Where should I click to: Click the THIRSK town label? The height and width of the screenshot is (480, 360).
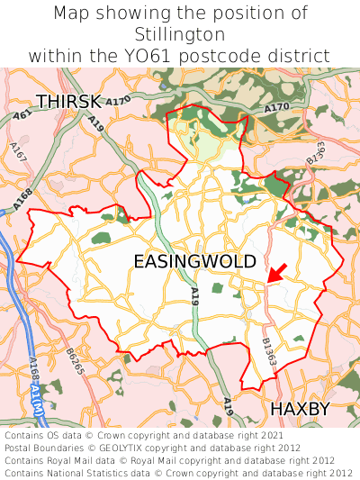(x=67, y=101)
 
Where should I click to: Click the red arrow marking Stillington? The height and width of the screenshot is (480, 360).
(x=277, y=273)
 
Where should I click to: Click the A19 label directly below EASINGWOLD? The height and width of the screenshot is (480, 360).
(x=194, y=296)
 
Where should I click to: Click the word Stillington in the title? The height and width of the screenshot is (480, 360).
(x=180, y=34)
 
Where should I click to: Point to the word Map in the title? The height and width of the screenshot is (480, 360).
(x=72, y=14)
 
